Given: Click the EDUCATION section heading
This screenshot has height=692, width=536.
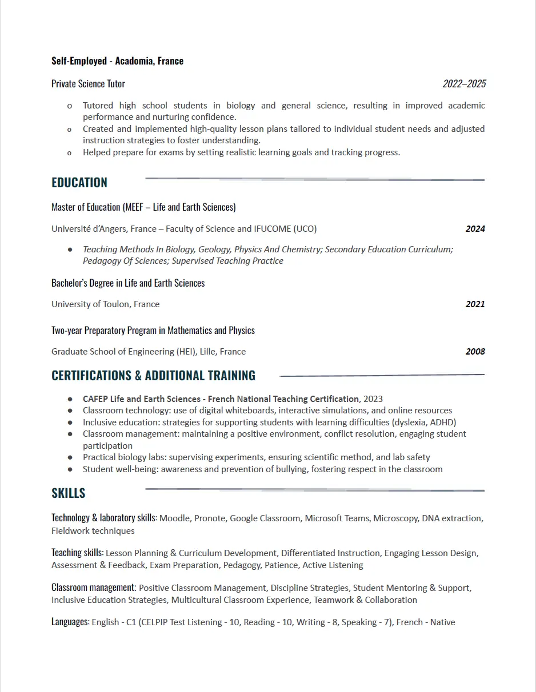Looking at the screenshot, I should tap(79, 183).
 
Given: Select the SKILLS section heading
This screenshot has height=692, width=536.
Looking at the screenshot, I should tap(69, 493).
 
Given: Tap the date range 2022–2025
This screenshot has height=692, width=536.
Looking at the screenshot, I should tap(464, 84).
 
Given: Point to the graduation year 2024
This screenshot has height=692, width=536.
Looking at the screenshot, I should tap(475, 229).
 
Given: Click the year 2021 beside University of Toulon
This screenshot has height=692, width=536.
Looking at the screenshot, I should tap(475, 304).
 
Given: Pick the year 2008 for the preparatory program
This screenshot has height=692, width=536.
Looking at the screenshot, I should tap(475, 352).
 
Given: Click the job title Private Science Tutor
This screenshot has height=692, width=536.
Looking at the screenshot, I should tap(88, 84).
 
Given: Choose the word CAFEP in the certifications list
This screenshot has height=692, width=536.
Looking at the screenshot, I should tap(95, 399).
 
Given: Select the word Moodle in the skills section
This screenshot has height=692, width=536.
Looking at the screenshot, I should tap(174, 518).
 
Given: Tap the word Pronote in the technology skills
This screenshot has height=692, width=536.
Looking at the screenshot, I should tap(210, 518).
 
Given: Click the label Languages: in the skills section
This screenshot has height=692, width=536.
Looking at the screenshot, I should tap(70, 622).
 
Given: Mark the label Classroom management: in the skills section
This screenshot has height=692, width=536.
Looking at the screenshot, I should tap(94, 588).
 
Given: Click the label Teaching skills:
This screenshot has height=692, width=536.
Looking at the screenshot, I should tap(77, 553).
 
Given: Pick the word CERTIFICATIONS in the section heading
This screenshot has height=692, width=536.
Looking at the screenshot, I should tap(91, 376).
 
